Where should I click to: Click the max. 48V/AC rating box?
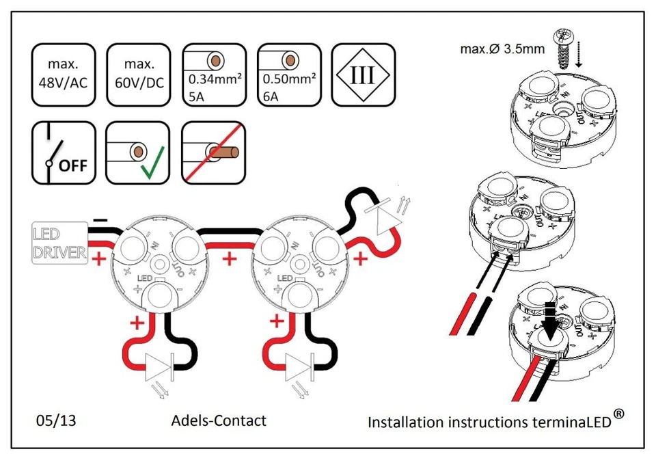point(63,75)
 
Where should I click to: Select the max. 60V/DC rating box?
point(137,75)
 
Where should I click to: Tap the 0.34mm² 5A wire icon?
point(215,75)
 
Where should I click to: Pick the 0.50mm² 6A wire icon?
point(289,75)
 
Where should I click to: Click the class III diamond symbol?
point(362,75)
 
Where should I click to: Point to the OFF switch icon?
point(63,153)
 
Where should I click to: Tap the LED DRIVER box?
point(59,243)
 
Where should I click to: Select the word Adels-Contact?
point(219,420)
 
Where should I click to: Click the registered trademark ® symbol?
point(618,413)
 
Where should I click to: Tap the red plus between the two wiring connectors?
point(230,258)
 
